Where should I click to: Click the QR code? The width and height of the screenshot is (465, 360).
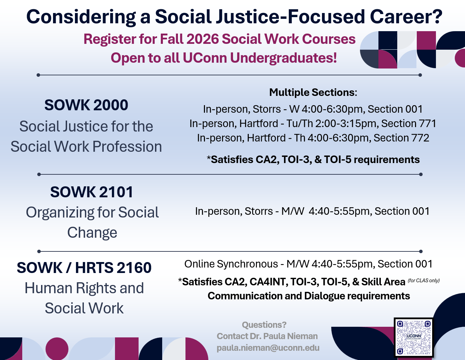pyautogui.click(x=414, y=338)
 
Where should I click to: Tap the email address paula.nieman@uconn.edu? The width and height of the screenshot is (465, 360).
pyautogui.click(x=268, y=348)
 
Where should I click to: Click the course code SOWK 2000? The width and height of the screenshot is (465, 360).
pyautogui.click(x=86, y=105)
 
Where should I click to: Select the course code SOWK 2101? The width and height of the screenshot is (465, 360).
pyautogui.click(x=92, y=192)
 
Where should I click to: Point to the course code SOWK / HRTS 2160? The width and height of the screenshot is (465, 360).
pyautogui.click(x=84, y=268)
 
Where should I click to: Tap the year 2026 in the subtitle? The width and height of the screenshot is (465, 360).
pyautogui.click(x=203, y=39)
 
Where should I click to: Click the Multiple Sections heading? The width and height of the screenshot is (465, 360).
pyautogui.click(x=313, y=92)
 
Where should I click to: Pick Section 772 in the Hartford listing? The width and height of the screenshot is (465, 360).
pyautogui.click(x=401, y=138)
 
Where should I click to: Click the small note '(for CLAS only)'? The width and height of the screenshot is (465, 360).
pyautogui.click(x=424, y=281)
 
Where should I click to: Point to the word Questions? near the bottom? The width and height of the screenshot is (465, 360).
pyautogui.click(x=264, y=325)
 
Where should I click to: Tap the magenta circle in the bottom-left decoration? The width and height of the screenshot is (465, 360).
pyautogui.click(x=57, y=349)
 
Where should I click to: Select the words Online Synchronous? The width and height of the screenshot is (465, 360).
pyautogui.click(x=231, y=264)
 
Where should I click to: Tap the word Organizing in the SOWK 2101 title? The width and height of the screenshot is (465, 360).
pyautogui.click(x=60, y=212)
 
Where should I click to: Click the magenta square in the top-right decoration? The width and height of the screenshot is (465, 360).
pyautogui.click(x=426, y=40)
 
